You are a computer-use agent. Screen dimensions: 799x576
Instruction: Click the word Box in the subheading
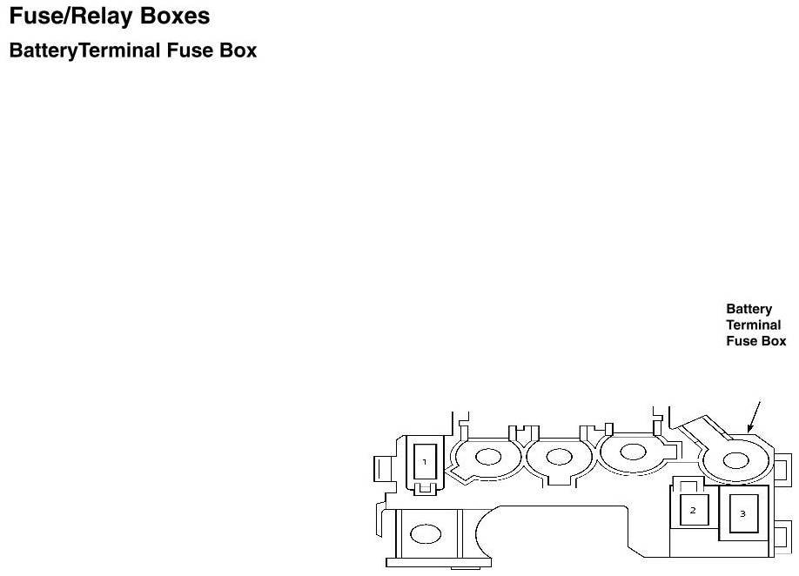pyautogui.click(x=238, y=50)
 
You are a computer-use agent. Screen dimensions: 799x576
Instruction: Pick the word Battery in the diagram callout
pyautogui.click(x=749, y=309)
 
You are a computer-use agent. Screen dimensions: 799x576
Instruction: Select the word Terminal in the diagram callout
pyautogui.click(x=754, y=325)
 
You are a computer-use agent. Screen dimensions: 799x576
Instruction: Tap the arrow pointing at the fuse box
pyautogui.click(x=754, y=416)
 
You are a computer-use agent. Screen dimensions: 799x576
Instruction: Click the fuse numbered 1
pyautogui.click(x=425, y=462)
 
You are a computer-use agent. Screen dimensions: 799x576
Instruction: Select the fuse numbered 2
pyautogui.click(x=693, y=510)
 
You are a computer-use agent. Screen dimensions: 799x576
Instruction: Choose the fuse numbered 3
pyautogui.click(x=742, y=513)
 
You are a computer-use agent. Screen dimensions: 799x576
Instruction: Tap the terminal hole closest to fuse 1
pyautogui.click(x=487, y=456)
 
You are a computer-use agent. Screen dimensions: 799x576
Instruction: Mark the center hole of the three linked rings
pyautogui.click(x=559, y=456)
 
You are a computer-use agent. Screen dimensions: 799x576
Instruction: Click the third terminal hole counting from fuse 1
pyautogui.click(x=632, y=453)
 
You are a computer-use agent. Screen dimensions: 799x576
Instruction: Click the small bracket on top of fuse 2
pyautogui.click(x=689, y=486)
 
